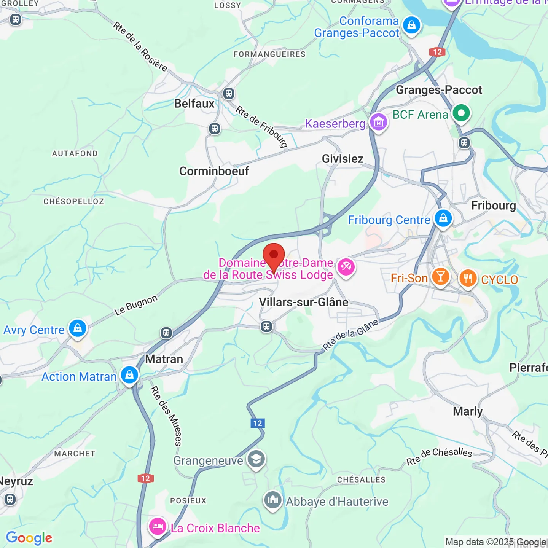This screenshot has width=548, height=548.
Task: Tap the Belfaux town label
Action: coord(194,104)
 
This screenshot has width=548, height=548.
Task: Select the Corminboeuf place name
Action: coord(214,171)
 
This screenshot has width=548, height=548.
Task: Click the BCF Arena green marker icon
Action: coord(461,113)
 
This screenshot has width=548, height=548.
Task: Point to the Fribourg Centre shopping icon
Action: coord(443,218)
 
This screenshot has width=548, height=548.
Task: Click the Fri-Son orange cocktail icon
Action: coord(440,277)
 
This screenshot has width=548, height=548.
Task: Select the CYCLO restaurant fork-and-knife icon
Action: coord(468,278)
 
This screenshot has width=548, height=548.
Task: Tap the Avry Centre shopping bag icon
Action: coord(78,328)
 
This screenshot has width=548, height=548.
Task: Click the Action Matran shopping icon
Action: coord(129,375)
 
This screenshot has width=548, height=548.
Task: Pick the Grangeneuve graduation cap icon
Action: coord(256,459)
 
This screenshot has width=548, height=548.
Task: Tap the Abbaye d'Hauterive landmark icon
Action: coord(272,500)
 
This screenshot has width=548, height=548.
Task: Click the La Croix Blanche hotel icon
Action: coord(157,527)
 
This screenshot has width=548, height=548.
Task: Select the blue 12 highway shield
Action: coord(258,423)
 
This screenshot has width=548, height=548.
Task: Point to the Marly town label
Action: coord(468,411)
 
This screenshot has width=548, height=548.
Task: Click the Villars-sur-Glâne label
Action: coord(303,302)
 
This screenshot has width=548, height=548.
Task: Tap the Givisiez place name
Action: coord(342,159)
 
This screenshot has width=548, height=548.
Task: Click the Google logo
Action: coord(29,538)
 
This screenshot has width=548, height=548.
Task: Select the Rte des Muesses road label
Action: coord(166,416)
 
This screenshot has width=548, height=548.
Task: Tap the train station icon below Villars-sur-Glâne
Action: coord(266,327)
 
